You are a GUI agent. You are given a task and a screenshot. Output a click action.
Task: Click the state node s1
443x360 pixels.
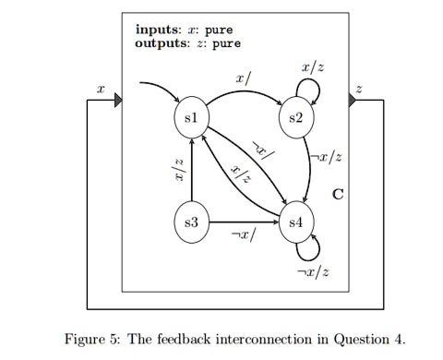click(x=191, y=118)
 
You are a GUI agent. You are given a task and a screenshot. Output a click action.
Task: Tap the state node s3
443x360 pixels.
click(x=191, y=222)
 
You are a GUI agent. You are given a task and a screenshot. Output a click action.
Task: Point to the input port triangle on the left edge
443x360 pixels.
click(x=118, y=99)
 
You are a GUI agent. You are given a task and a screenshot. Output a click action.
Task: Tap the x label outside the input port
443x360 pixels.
click(x=101, y=89)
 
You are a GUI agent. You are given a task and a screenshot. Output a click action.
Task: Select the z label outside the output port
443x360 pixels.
click(x=360, y=89)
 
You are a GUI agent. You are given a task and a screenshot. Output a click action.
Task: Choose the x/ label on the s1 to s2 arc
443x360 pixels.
click(x=243, y=81)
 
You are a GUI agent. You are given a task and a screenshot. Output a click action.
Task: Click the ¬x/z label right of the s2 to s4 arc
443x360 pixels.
click(x=329, y=157)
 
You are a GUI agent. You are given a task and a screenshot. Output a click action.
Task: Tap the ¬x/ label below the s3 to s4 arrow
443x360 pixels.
click(x=243, y=236)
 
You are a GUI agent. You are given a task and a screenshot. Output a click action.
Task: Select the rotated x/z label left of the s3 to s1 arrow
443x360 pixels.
click(x=179, y=170)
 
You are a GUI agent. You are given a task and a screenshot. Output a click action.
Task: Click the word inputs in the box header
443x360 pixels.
click(x=157, y=29)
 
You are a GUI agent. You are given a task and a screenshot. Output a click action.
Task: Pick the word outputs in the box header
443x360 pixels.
click(x=160, y=42)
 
